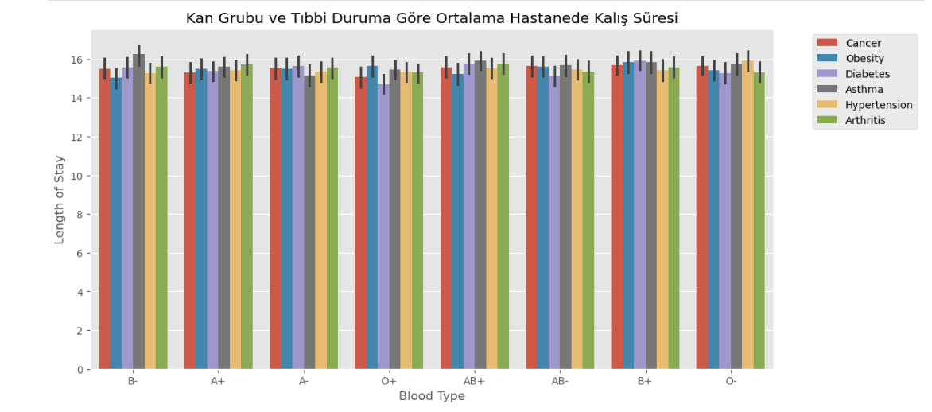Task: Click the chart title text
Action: coord(432,18)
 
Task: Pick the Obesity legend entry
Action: coord(864,59)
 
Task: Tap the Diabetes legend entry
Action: coord(868,74)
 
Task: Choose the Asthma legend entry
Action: coord(864,89)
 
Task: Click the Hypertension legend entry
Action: coord(879,105)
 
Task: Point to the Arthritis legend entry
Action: coord(865,120)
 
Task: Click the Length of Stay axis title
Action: coord(60,200)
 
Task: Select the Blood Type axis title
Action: coord(432,396)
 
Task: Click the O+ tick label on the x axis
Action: coord(389,381)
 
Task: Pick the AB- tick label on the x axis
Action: coord(560,381)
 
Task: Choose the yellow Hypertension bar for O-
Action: coord(748,215)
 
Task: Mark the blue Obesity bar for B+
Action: coord(628,216)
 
